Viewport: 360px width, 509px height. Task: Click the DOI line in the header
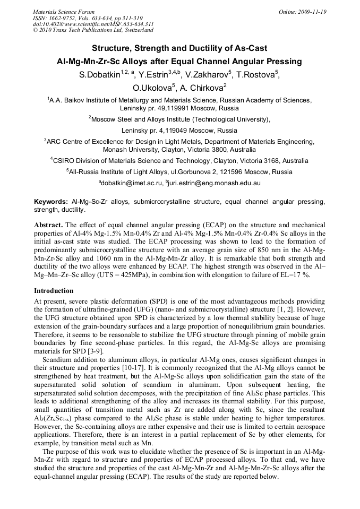(x=93, y=24)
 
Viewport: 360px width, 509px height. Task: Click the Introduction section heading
(x=54, y=291)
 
